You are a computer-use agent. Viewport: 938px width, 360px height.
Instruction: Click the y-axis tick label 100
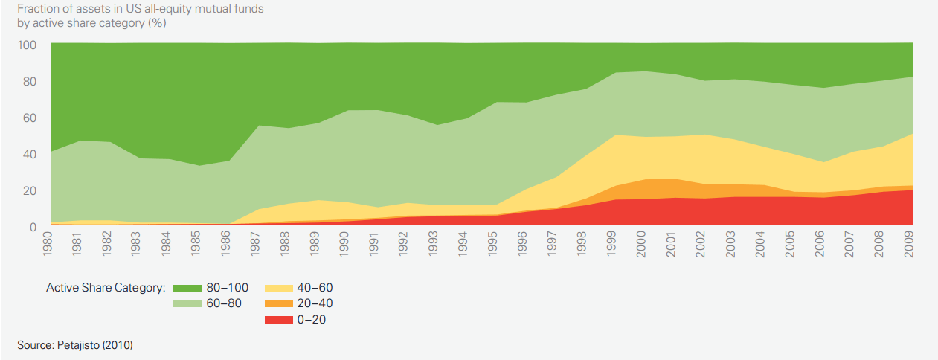point(27,45)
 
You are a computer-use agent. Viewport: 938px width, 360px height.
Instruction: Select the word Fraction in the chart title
point(38,9)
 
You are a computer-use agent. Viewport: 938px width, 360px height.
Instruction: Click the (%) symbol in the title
point(156,23)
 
